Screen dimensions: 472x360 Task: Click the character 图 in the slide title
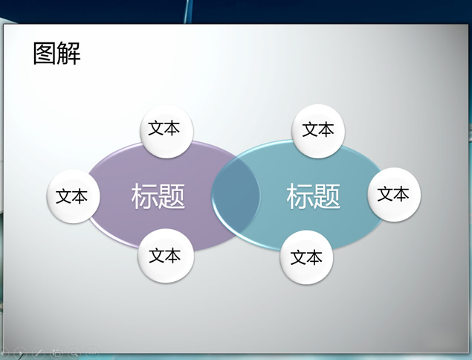coord(45,54)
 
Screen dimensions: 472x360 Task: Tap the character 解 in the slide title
coord(69,54)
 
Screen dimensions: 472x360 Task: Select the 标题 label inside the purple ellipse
coord(158,196)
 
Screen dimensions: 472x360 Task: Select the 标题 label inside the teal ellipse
coord(314,196)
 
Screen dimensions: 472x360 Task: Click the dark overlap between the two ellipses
coord(236,195)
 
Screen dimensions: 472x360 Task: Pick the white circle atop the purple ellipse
coord(167,131)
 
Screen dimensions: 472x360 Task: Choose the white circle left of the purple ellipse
coord(73,196)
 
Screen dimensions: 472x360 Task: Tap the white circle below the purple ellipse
coord(166,255)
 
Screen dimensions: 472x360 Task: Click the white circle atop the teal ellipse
coord(318,131)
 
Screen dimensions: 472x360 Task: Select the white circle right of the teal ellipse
coord(394,195)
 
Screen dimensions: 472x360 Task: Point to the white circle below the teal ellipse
coord(306,257)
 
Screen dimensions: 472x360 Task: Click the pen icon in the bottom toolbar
coord(39,353)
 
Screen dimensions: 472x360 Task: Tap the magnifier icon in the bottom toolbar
coord(74,353)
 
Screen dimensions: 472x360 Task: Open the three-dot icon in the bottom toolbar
coord(92,353)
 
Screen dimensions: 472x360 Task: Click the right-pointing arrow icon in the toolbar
coord(20,353)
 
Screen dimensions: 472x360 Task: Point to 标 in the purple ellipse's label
coord(144,196)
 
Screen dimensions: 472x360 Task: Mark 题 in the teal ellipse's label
coord(327,196)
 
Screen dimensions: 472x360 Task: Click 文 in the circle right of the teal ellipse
coord(385,193)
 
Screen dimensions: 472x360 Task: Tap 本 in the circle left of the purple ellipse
coord(80,196)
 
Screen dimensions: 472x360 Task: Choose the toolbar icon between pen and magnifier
coord(56,353)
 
